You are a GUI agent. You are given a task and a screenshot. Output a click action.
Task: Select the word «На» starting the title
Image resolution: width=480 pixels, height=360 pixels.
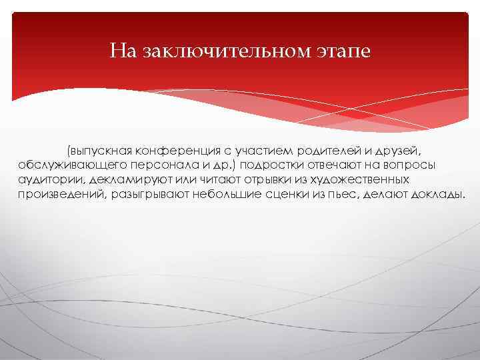(x=124, y=51)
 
